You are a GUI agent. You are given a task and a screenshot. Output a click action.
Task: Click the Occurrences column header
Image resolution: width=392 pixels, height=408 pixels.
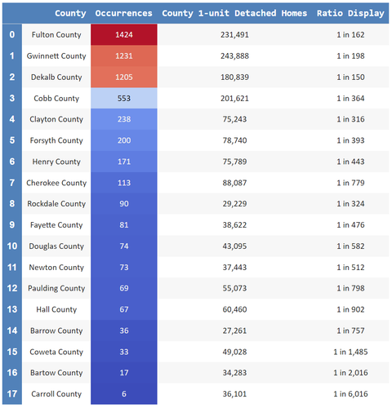point(123,13)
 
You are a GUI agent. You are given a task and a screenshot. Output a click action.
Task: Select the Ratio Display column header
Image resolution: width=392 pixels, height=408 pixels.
point(350,13)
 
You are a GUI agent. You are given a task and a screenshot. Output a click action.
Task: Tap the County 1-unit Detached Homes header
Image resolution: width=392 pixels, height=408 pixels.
point(234,13)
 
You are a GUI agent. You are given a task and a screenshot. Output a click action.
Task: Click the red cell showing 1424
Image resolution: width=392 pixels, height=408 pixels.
point(124,34)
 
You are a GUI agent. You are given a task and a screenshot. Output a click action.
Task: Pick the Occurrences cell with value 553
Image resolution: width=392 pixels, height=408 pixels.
point(124,98)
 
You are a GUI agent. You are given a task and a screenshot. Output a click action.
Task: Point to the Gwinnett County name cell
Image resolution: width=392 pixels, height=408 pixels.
point(56,56)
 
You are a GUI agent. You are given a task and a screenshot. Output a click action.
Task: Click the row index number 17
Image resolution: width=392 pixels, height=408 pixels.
point(12,393)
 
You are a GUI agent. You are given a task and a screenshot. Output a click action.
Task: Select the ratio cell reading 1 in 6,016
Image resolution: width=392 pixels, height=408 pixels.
point(350,394)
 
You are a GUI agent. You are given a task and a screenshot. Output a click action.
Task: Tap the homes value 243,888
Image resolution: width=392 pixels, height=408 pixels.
point(234,56)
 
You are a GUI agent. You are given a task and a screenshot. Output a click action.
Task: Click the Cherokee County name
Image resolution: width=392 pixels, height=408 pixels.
point(56,183)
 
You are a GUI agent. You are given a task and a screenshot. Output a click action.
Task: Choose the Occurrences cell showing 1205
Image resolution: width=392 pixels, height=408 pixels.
point(124,77)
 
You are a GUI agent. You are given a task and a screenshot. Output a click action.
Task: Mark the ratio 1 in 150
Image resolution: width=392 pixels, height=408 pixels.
point(350,77)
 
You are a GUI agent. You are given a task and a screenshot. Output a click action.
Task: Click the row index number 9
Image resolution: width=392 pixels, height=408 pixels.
point(12,224)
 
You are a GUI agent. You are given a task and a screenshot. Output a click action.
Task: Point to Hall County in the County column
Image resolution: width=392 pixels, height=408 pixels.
point(56,309)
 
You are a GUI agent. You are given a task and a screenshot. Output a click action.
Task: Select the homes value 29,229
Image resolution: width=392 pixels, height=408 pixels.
point(234,204)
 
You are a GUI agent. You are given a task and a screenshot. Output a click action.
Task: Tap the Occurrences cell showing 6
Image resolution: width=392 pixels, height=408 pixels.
point(124,393)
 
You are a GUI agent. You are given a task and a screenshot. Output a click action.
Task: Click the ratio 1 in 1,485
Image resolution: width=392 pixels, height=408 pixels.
point(350,352)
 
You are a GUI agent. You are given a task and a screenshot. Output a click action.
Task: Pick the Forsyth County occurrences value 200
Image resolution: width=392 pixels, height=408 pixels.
point(124,140)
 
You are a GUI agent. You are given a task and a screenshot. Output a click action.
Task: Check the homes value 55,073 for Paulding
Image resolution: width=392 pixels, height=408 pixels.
point(234,288)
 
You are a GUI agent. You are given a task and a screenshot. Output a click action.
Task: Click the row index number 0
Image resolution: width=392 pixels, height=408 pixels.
point(12,34)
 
